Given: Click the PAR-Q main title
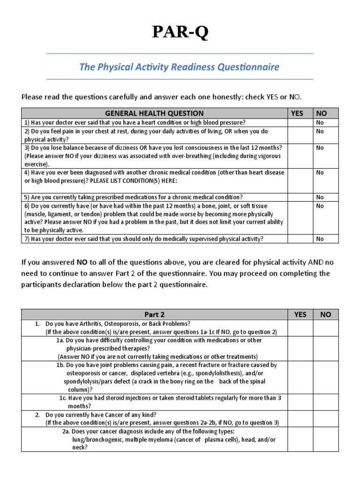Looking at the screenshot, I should pyautogui.click(x=180, y=33).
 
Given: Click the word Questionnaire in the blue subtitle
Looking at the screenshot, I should pyautogui.click(x=248, y=67).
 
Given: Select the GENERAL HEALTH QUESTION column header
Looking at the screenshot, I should pyautogui.click(x=154, y=113).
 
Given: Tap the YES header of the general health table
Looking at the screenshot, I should pyautogui.click(x=297, y=113).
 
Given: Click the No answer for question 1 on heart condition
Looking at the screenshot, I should pyautogui.click(x=320, y=122).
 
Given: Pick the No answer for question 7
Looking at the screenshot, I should pyautogui.click(x=320, y=239).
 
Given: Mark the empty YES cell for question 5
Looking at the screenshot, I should pyautogui.click(x=300, y=197).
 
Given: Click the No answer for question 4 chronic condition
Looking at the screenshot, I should pyautogui.click(x=320, y=172).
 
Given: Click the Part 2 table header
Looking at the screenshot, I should pyautogui.click(x=154, y=315).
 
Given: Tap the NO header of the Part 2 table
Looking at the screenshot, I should pyautogui.click(x=325, y=315).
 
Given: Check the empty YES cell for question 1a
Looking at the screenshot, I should pyautogui.click(x=300, y=348).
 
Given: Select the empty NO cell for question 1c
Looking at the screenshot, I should pyautogui.click(x=325, y=402).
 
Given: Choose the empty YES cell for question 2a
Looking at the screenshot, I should pyautogui.click(x=300, y=439).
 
